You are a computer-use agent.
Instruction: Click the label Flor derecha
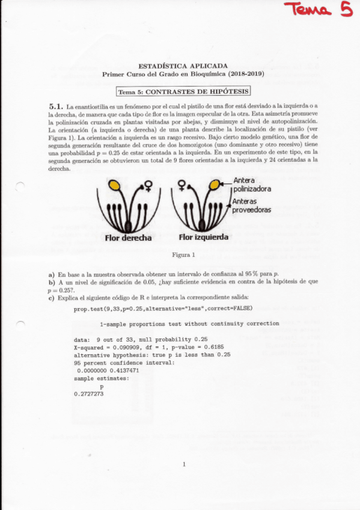129,238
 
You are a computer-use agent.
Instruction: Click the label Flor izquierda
203,238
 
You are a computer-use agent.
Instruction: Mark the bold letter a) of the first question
52,274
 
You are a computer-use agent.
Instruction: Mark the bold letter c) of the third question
52,298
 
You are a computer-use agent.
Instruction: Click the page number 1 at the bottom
183,464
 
